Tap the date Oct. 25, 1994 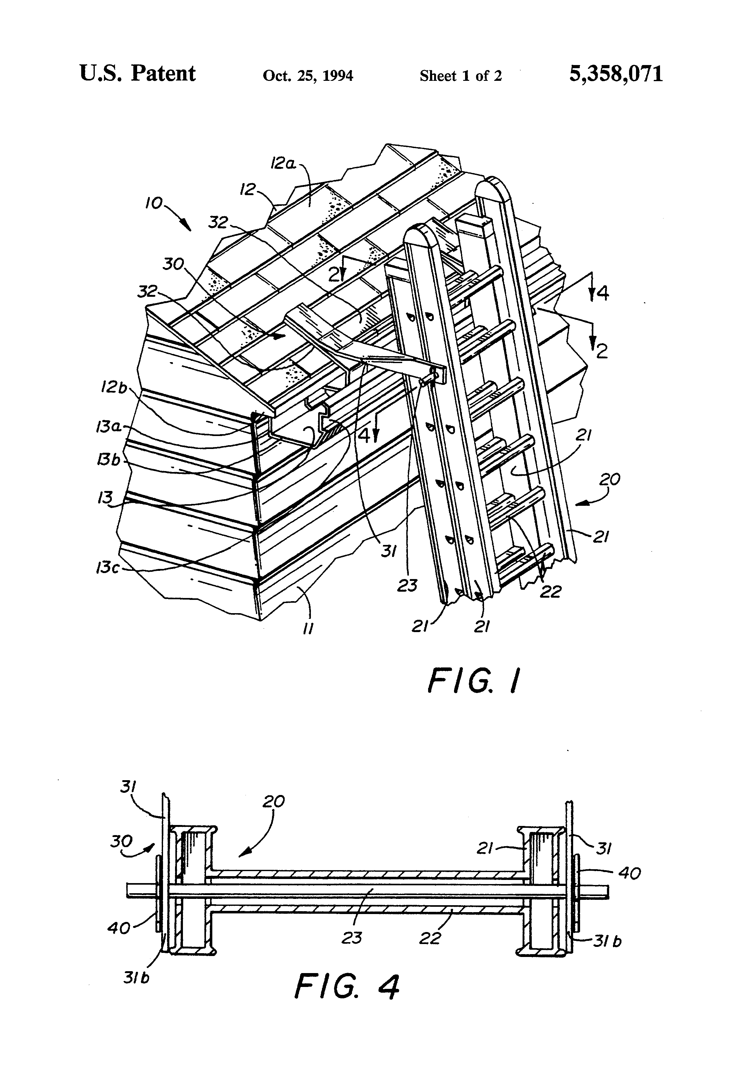coord(308,75)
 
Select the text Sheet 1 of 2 coord(461,75)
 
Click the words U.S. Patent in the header coord(138,74)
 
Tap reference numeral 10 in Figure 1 coord(154,203)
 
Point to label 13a coord(108,427)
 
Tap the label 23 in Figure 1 coord(407,586)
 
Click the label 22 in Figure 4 coord(430,938)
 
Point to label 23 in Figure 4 coord(352,938)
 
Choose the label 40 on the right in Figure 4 coord(630,874)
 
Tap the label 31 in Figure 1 coord(388,551)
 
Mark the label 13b coord(109,460)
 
